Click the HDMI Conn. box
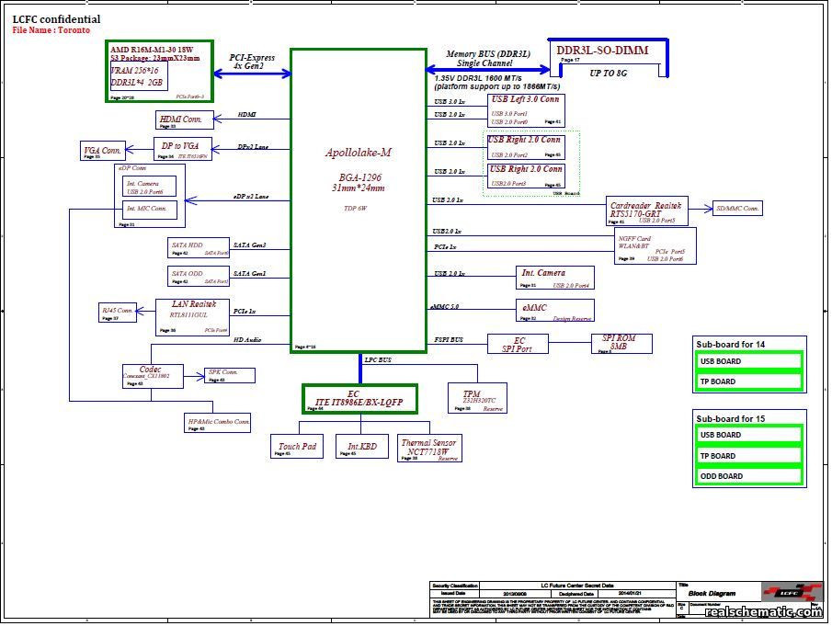click(184, 120)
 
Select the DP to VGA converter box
click(182, 148)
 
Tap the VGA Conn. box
click(103, 152)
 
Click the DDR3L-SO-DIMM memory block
click(609, 58)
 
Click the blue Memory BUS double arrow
click(487, 69)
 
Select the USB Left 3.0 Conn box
click(526, 109)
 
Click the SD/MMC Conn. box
click(737, 210)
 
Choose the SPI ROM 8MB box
click(624, 343)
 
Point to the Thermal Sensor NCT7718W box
click(429, 448)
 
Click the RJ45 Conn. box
click(118, 313)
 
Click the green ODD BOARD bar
click(747, 476)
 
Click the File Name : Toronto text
click(51, 30)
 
